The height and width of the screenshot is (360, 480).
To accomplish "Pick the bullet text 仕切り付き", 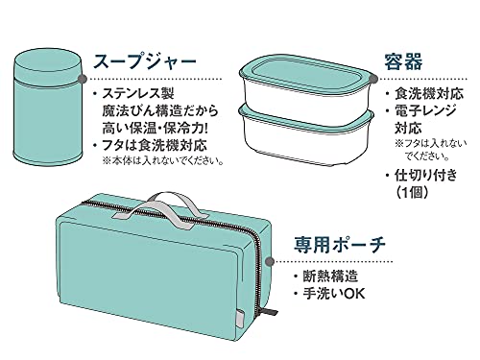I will (x=427, y=176).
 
